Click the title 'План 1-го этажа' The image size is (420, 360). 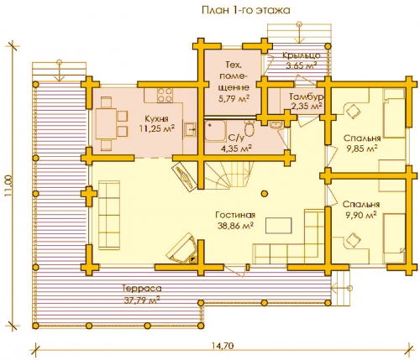[245, 10]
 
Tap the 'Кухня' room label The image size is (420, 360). [156, 118]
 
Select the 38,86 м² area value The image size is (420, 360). [236, 226]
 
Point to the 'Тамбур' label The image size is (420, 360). [307, 97]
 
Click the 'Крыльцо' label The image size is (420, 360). [301, 55]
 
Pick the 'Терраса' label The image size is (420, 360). [142, 288]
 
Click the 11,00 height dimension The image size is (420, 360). [8, 185]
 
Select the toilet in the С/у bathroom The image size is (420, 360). [249, 128]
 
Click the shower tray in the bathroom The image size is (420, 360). [215, 131]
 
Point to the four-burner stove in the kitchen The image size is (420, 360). [165, 95]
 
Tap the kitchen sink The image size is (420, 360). [190, 130]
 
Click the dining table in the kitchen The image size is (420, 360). [106, 123]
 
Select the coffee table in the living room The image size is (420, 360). [279, 225]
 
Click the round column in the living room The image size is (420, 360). [265, 193]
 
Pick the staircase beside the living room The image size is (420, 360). [229, 175]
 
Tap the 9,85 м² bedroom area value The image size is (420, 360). [362, 149]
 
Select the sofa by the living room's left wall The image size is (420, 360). [109, 215]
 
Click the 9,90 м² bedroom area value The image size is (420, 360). [361, 215]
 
